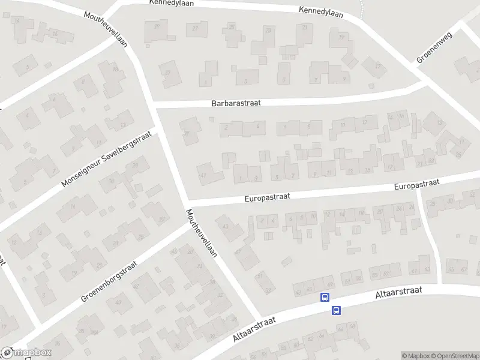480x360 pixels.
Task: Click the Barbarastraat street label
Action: (x=236, y=103)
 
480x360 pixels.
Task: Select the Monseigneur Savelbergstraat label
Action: (x=106, y=159)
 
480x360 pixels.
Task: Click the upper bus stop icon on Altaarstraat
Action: (x=325, y=297)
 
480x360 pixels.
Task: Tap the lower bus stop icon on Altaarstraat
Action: (x=336, y=310)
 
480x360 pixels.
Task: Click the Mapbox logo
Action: (x=26, y=353)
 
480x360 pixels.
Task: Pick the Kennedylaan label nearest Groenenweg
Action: (x=321, y=12)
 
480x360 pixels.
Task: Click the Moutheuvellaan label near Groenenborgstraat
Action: (x=201, y=233)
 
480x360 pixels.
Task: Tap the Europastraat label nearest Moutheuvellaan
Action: (x=268, y=197)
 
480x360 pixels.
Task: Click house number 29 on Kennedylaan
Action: (x=158, y=26)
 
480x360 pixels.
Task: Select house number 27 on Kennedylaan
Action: (x=195, y=29)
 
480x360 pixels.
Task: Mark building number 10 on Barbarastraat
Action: (x=343, y=125)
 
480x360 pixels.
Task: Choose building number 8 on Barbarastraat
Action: (x=309, y=126)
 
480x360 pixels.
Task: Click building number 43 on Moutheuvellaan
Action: (x=225, y=226)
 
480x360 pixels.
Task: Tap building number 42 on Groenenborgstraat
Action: (x=136, y=287)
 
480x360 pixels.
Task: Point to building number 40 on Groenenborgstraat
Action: (x=118, y=302)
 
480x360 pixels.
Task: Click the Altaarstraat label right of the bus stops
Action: (x=398, y=293)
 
